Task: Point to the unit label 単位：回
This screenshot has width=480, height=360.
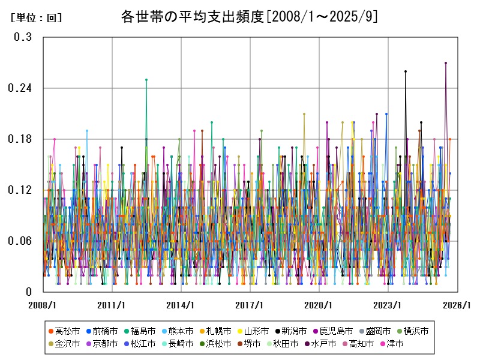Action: point(36,18)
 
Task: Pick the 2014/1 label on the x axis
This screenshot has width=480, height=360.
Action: point(180,305)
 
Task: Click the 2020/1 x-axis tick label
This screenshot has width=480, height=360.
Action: point(318,305)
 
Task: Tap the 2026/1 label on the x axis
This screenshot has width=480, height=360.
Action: point(457,305)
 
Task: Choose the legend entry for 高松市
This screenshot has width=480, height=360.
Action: point(63,331)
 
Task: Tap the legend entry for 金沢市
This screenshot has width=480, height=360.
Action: point(63,344)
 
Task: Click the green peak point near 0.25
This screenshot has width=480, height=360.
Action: point(146,79)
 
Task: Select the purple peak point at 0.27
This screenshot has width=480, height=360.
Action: point(446,62)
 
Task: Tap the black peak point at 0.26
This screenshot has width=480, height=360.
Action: point(406,71)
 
